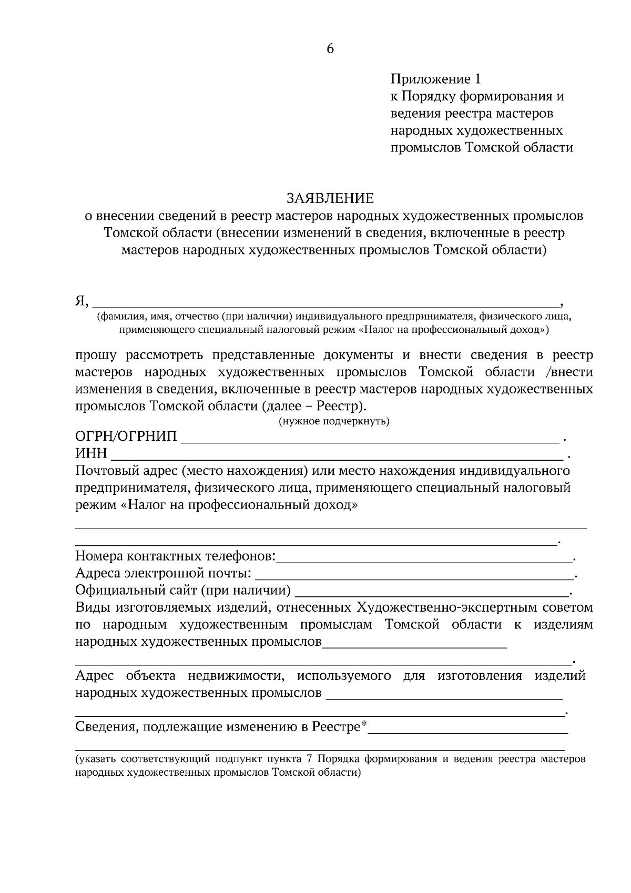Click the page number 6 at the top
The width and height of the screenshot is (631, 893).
(x=330, y=49)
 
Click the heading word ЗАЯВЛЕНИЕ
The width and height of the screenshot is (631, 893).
(x=330, y=198)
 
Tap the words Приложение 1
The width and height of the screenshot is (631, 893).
(x=435, y=79)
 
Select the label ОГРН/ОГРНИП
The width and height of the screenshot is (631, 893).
(x=126, y=437)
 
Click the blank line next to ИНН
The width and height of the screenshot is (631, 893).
(x=337, y=453)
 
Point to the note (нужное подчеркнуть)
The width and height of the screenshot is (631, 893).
(x=333, y=422)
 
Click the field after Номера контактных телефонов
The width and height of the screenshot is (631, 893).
(x=424, y=556)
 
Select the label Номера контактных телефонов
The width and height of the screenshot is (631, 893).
(x=175, y=556)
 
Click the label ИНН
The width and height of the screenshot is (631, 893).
(x=91, y=453)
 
